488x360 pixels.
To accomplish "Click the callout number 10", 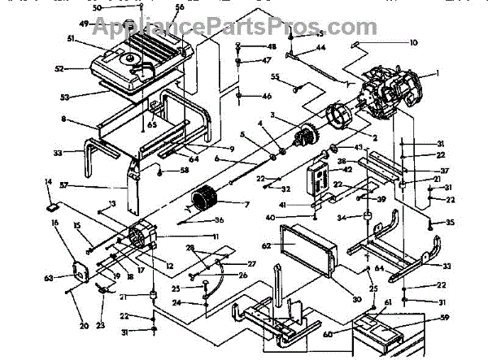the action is (x=414, y=42).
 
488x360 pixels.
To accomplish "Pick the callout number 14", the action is (x=48, y=182).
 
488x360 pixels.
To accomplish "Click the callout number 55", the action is (x=276, y=77).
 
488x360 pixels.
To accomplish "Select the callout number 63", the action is (x=48, y=278).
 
